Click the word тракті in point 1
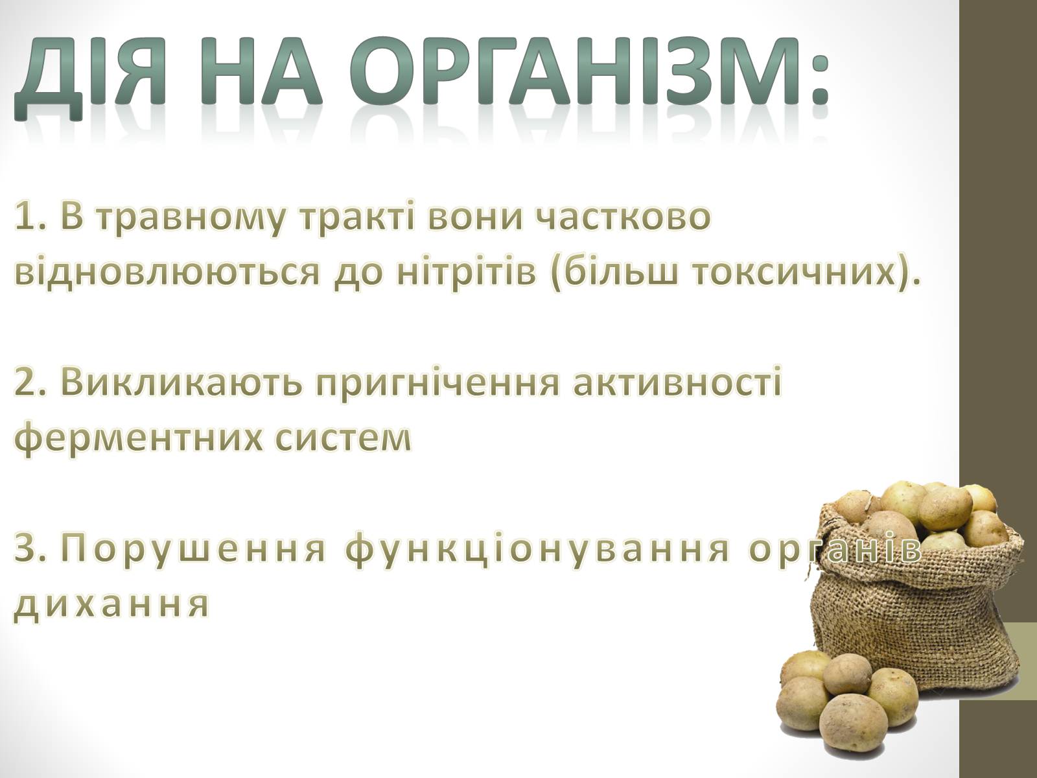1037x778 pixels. pos(356,217)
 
